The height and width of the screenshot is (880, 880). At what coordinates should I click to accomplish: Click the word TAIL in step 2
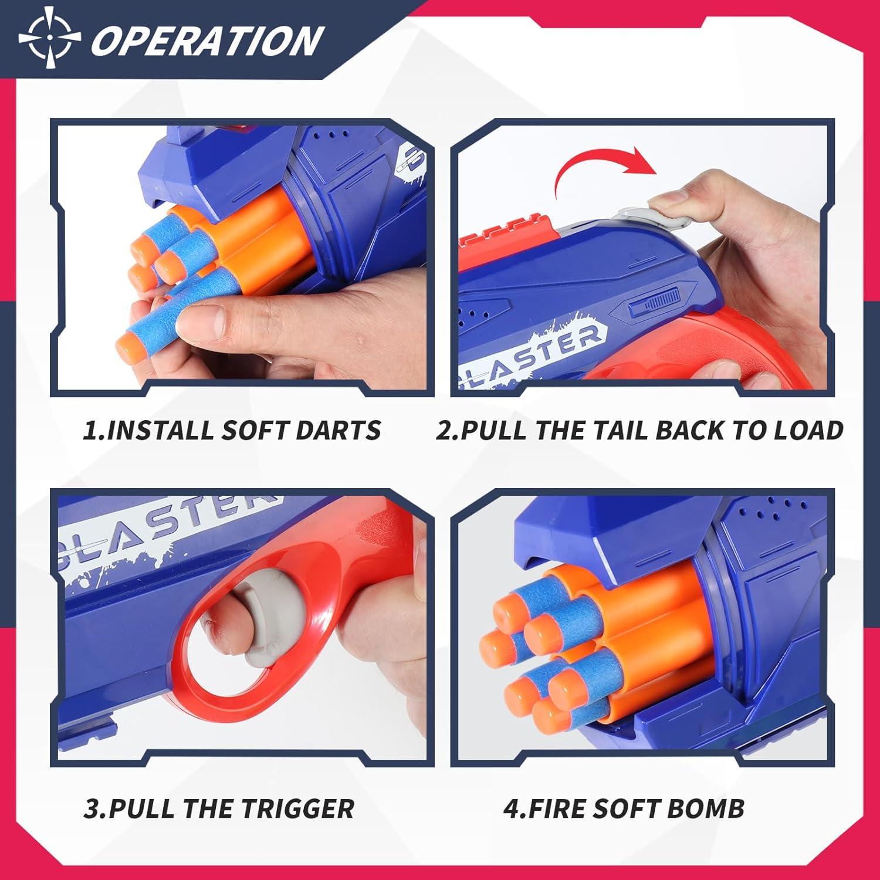coord(608,431)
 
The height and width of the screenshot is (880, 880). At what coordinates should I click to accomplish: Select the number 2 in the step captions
coord(446,431)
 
